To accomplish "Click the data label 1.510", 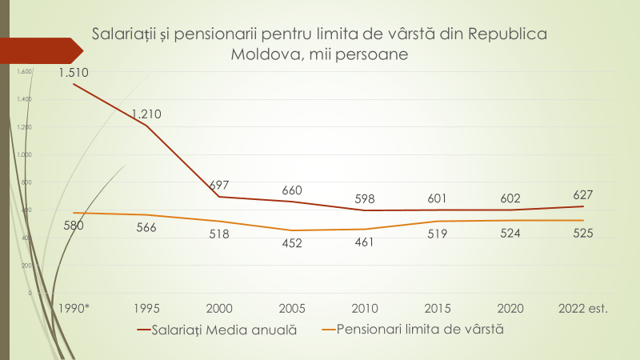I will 73,74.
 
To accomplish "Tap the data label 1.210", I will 146,114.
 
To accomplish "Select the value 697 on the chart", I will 219,185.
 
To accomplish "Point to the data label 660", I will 292,190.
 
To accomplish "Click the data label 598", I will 365,198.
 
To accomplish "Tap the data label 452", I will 292,243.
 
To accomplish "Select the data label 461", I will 365,241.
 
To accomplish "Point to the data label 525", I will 583,233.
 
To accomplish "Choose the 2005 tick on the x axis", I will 292,308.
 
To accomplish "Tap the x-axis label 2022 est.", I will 583,308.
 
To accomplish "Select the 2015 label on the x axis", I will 438,308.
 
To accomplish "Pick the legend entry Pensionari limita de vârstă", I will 420,329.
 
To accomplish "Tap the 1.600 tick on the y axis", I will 24,72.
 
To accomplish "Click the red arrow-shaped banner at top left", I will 40,50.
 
